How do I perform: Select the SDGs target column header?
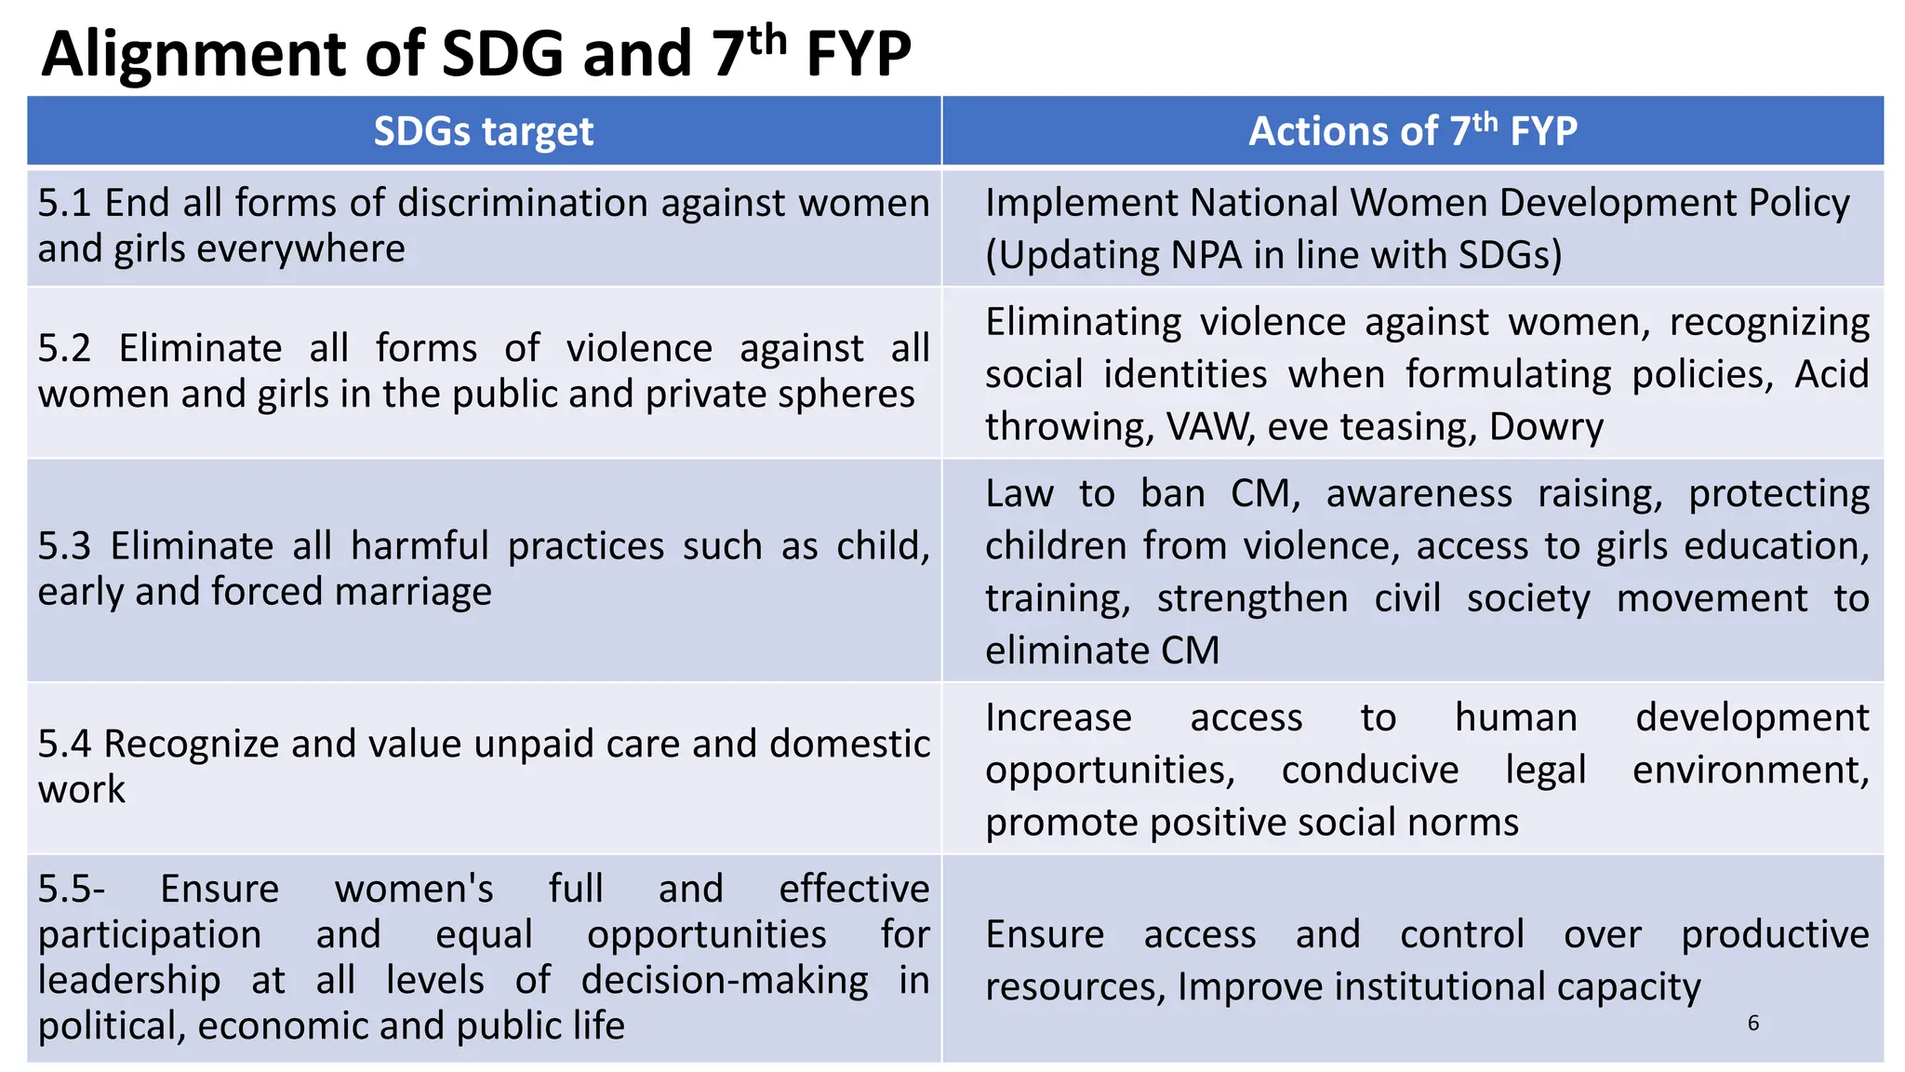483,131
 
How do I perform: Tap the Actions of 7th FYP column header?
1412,131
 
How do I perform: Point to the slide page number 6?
1752,1024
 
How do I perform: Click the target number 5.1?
64,203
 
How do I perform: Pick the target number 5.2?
64,349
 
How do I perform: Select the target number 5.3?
64,546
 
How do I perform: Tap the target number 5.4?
64,744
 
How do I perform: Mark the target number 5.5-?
71,890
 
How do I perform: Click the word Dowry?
1546,427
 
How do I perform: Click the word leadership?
129,981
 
